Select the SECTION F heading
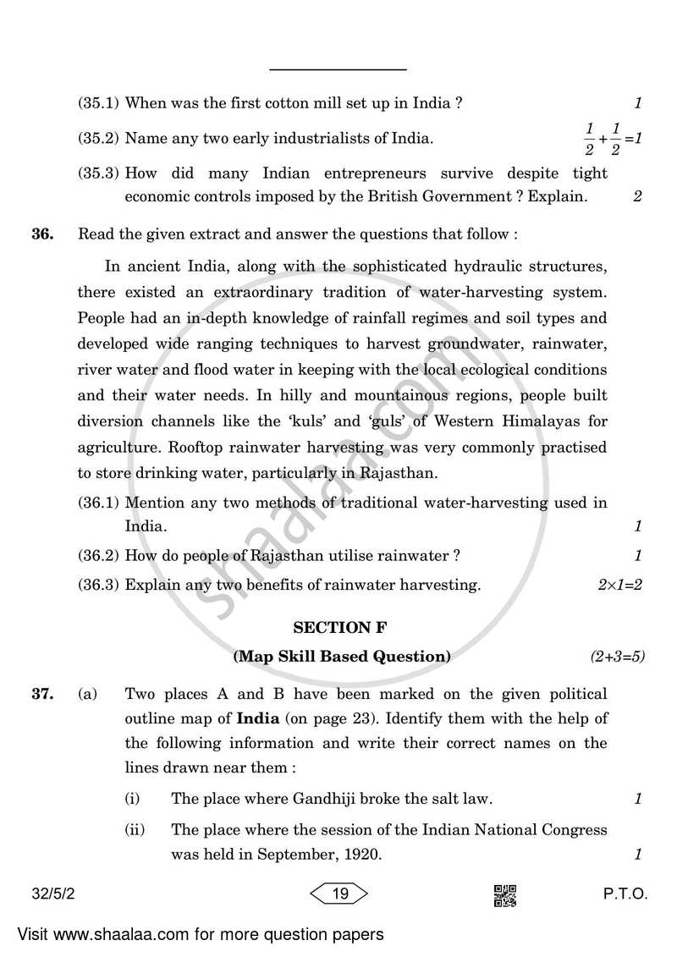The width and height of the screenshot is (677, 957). pos(333,627)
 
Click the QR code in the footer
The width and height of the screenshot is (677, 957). pos(504,896)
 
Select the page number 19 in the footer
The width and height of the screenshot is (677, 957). pos(341,894)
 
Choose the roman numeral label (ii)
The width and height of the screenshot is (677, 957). pos(135,830)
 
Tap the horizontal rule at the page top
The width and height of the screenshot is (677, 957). pos(338,69)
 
